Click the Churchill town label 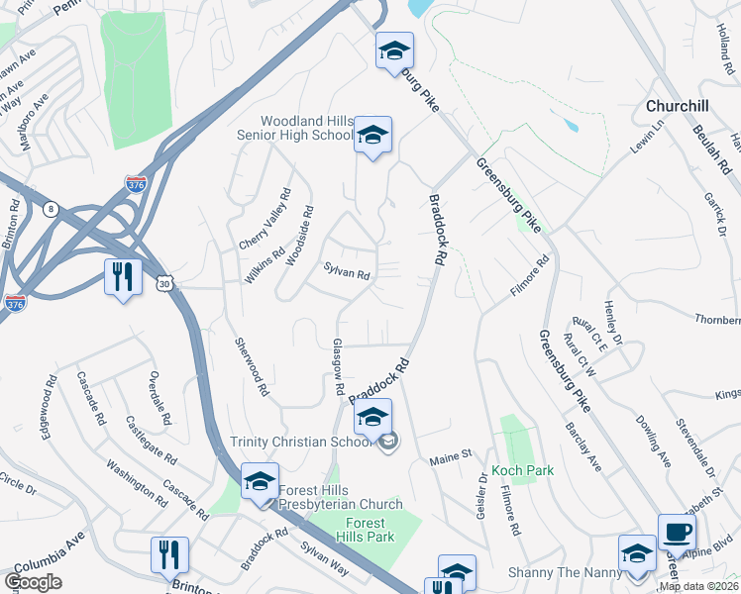678,106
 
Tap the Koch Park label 522,471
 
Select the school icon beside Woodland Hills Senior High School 373,136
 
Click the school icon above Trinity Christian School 373,418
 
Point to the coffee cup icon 677,532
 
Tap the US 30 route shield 162,283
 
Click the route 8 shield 51,208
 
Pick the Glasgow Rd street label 339,367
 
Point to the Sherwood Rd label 252,366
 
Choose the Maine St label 449,461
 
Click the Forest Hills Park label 370,530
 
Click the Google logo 33,582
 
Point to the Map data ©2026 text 697,587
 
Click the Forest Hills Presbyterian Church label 342,496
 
